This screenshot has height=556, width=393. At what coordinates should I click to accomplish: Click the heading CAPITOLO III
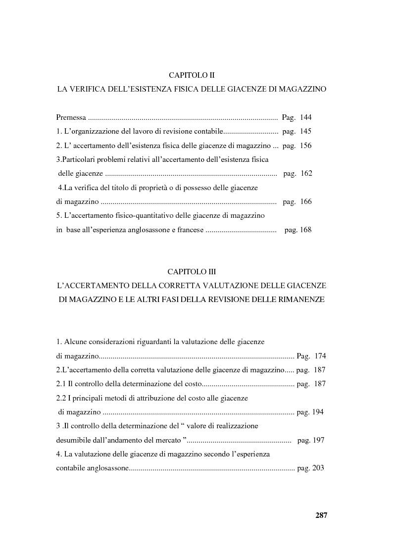click(192, 272)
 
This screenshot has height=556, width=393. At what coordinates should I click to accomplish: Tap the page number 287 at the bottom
click(321, 515)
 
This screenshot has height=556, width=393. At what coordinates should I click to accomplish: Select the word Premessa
click(71, 118)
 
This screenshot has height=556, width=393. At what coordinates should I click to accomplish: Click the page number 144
click(305, 118)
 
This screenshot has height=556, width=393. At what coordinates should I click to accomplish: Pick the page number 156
click(305, 146)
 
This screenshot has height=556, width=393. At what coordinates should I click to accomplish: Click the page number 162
click(306, 174)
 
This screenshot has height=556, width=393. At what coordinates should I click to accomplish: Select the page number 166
click(305, 202)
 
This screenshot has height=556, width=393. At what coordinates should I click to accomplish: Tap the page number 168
click(305, 230)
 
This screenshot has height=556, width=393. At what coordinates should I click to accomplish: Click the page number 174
click(320, 355)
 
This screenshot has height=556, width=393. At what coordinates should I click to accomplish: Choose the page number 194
click(317, 412)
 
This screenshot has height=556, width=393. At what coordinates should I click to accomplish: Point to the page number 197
click(318, 440)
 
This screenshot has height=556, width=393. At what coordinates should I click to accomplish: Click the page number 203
click(317, 468)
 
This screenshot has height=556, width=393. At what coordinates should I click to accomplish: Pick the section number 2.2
click(61, 398)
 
